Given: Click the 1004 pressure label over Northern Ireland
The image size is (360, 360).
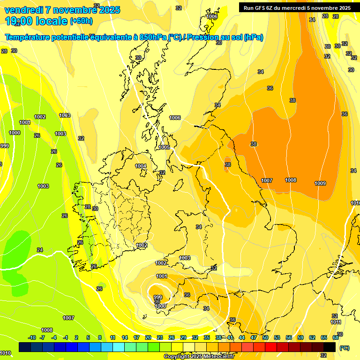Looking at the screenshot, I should [141, 166].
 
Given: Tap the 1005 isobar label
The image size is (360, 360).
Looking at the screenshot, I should [164, 147].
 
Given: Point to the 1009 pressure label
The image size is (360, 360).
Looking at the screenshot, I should [320, 183].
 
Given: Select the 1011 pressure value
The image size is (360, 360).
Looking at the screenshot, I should [336, 322].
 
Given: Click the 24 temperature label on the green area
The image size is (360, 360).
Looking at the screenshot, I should [39, 250].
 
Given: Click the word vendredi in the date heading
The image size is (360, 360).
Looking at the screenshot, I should [23, 10].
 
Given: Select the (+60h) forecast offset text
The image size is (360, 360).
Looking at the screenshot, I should [81, 21].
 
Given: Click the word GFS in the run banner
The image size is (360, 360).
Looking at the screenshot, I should [262, 8].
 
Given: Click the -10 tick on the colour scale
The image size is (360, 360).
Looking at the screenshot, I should [32, 337].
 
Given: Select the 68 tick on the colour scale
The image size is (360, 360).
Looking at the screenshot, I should [336, 337].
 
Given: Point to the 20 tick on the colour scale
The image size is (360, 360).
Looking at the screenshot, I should [148, 337].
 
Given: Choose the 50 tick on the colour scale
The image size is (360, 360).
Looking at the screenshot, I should [265, 337].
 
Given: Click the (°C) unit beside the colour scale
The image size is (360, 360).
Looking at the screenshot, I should [345, 348].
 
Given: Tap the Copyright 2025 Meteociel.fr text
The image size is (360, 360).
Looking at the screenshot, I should [199, 357].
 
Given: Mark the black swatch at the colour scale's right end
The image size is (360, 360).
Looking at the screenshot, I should [330, 347].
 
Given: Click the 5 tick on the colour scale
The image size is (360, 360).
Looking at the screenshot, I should [88, 337].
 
